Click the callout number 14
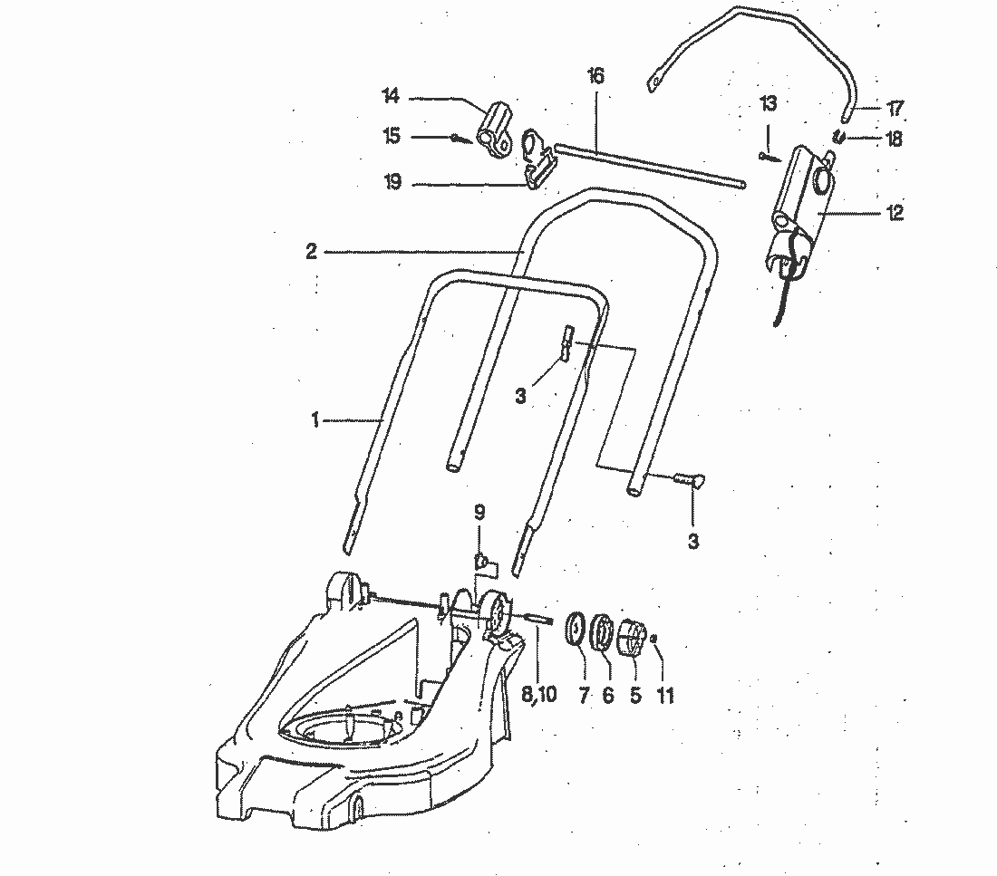coord(391,96)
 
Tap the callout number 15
coord(391,137)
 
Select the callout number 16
coord(595,76)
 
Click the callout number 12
coord(895,213)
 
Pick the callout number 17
coord(895,110)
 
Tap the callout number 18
coord(895,139)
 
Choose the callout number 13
coord(768,104)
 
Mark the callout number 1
coord(315,419)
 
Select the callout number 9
coord(479,513)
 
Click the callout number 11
coord(667,696)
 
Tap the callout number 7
coord(584,696)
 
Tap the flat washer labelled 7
coord(574,630)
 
